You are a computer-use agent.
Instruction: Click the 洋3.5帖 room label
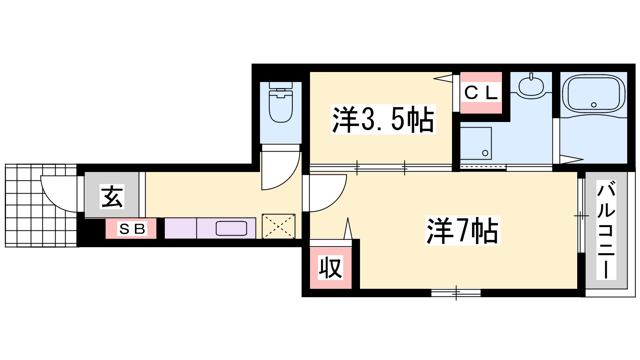(x=383, y=120)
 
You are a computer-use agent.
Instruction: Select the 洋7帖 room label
(x=462, y=230)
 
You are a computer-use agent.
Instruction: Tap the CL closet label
(x=481, y=92)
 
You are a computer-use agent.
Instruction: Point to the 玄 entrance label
(x=112, y=196)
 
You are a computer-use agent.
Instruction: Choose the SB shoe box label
(x=132, y=228)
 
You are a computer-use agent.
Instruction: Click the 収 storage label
(x=330, y=268)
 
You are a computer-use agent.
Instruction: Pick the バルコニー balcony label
(x=606, y=230)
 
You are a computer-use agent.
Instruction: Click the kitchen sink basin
(x=231, y=228)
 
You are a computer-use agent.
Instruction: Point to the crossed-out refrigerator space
(x=278, y=226)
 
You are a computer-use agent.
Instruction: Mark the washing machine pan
(x=476, y=143)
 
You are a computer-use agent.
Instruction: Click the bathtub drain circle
(x=594, y=105)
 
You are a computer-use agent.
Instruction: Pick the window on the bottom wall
(x=456, y=293)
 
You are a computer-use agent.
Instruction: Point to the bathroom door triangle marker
(x=571, y=160)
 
